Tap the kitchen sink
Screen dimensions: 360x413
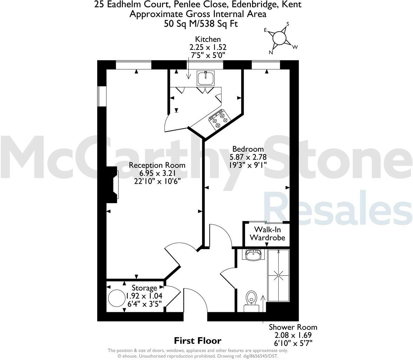pyautogui.click(x=206, y=78)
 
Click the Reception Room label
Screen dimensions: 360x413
pyautogui.click(x=157, y=165)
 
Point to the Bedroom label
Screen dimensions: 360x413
pyautogui.click(x=248, y=149)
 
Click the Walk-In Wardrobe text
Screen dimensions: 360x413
pyautogui.click(x=267, y=234)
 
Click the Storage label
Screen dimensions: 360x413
pyautogui.click(x=144, y=288)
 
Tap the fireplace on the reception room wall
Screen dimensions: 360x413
pyautogui.click(x=112, y=184)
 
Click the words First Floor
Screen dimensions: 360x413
pyautogui.click(x=197, y=341)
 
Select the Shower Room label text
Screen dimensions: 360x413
pyautogui.click(x=293, y=327)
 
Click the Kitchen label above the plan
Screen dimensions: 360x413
pyautogui.click(x=208, y=39)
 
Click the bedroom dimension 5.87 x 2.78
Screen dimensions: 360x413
pyautogui.click(x=248, y=157)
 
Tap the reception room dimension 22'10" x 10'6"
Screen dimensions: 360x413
pyautogui.click(x=157, y=180)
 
